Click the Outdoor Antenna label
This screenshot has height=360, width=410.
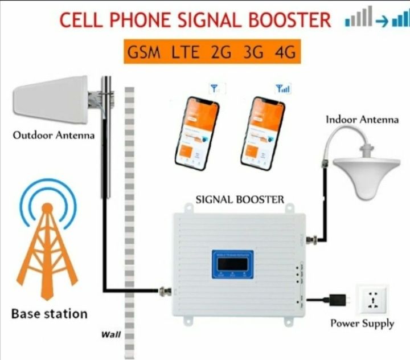[x=54, y=136]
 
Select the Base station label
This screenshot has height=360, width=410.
[x=49, y=313]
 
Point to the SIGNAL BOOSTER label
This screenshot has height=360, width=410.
[x=239, y=199]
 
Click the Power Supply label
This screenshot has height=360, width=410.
[x=362, y=324]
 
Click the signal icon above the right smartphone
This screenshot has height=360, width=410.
[x=282, y=89]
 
